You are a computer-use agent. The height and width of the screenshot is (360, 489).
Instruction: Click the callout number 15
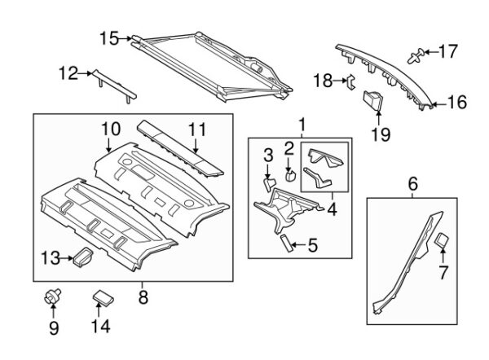click(109, 38)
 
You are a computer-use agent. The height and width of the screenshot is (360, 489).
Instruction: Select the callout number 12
click(68, 73)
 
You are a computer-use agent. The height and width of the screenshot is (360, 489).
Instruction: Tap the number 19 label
click(381, 134)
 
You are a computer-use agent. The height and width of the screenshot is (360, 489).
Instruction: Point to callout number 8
click(143, 297)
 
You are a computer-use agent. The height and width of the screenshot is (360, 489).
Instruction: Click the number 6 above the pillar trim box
click(412, 185)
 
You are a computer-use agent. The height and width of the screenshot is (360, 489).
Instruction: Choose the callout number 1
click(302, 125)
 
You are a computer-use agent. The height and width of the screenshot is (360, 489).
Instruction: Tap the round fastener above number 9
click(52, 296)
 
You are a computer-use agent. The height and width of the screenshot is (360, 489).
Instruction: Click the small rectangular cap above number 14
click(103, 297)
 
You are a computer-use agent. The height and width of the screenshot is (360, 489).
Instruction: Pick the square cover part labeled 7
click(443, 240)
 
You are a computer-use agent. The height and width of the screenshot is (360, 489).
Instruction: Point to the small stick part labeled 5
click(287, 243)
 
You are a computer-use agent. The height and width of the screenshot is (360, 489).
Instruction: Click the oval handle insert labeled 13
click(82, 257)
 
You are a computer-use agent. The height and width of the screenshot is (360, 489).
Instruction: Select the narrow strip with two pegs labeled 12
click(114, 86)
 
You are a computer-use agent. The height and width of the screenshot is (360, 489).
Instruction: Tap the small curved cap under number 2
click(291, 176)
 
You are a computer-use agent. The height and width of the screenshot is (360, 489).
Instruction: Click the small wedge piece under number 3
click(270, 184)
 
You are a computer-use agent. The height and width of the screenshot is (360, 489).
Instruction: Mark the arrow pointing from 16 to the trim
click(439, 105)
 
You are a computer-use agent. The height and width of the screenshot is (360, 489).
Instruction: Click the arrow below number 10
click(108, 146)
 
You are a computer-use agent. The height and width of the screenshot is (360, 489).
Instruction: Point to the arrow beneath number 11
click(196, 146)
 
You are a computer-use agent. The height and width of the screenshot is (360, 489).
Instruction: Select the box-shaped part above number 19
click(372, 100)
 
